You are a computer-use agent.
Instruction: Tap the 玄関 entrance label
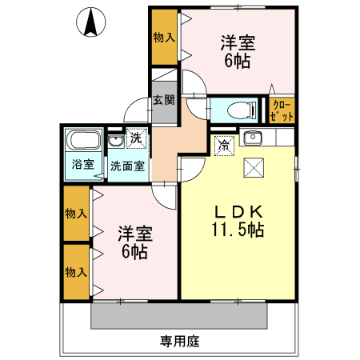point(164,101)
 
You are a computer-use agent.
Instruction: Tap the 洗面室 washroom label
point(127,166)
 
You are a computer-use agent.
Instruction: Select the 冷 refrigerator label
point(225,145)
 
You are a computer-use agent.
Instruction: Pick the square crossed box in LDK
point(254,166)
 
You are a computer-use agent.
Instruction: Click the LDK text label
point(238,212)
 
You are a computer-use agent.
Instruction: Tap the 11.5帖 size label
point(238,230)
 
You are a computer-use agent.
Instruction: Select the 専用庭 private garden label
point(179,341)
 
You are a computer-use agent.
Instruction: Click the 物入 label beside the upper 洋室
point(164,37)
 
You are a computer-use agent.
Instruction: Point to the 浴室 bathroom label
point(83,166)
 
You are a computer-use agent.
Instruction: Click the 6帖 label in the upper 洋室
point(236,62)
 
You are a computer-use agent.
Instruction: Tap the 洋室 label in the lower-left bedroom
point(134,234)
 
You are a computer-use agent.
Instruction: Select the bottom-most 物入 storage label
point(76,272)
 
